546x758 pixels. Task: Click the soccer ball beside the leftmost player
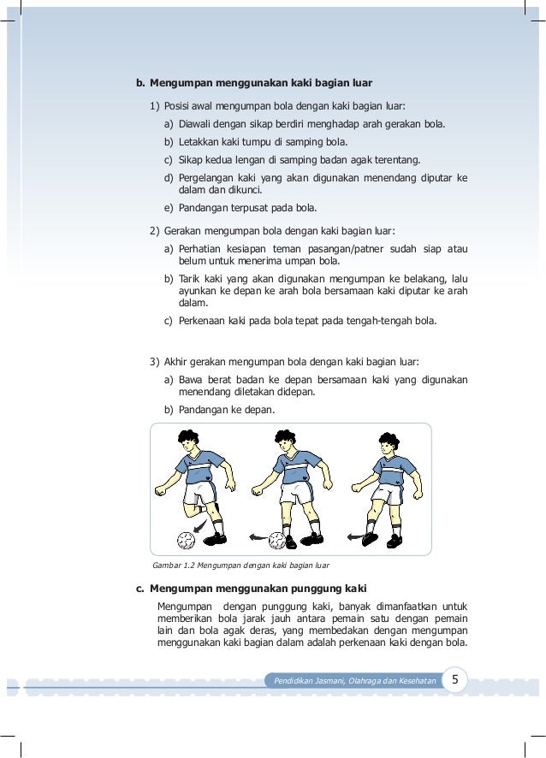tap(186, 540)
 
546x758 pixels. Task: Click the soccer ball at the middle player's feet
tap(277, 540)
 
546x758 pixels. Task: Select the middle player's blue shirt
tap(294, 470)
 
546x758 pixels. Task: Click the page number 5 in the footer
tap(456, 680)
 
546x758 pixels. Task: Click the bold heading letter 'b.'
tap(141, 83)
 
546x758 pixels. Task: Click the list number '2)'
tap(154, 230)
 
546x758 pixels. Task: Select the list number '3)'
tap(154, 362)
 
